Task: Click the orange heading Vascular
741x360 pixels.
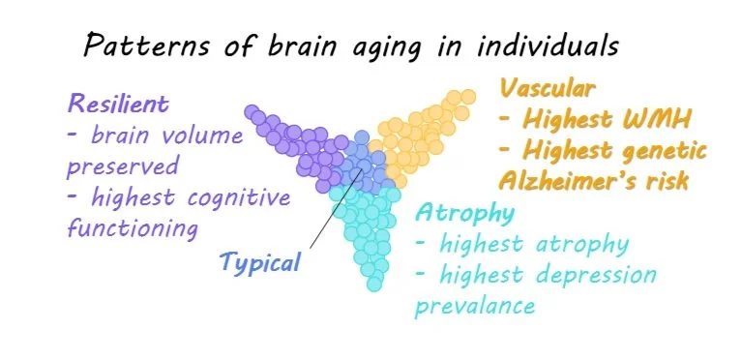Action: (x=548, y=89)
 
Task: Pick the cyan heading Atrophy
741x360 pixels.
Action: (x=454, y=213)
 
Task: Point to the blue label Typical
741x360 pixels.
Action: (x=260, y=260)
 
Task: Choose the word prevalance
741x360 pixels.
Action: (x=476, y=307)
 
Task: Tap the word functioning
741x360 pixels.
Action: (x=133, y=229)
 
